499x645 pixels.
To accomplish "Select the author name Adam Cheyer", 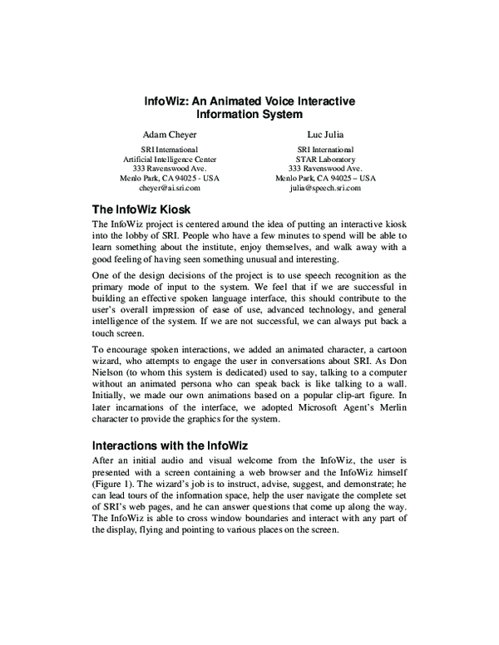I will click(170, 132).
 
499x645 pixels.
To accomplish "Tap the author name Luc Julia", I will click(325, 132).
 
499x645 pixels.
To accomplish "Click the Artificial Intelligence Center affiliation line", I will click(170, 158).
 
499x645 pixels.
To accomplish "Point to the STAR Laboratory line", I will click(325, 158).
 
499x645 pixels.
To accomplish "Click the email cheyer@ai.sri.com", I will click(170, 188).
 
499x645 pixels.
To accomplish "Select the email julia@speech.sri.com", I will click(325, 188).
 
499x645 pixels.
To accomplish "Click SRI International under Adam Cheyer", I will click(170, 148).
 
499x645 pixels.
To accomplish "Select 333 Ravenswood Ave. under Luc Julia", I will click(325, 168).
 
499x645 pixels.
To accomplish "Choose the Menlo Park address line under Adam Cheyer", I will click(170, 178).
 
